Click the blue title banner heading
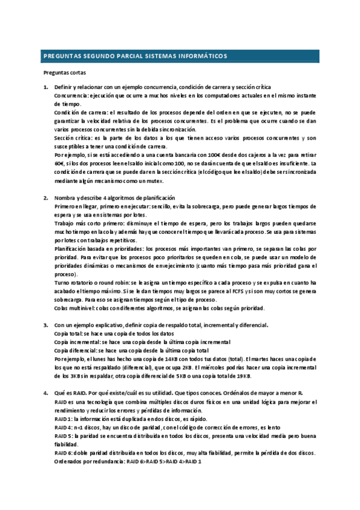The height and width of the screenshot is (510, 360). click(135, 57)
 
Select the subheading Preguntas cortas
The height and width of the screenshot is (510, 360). click(65, 73)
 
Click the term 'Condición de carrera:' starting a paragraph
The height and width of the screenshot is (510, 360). click(76, 112)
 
